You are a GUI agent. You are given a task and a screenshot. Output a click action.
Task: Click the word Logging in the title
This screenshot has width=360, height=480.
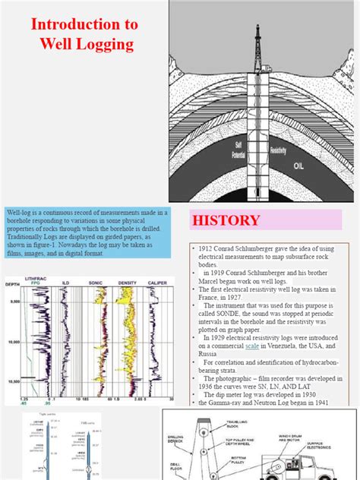point(103,44)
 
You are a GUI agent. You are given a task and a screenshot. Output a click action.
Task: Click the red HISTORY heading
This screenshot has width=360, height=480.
point(226,221)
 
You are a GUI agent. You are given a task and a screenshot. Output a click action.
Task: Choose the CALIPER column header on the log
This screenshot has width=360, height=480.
point(158,282)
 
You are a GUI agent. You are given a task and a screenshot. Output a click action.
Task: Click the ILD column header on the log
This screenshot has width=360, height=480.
point(67,282)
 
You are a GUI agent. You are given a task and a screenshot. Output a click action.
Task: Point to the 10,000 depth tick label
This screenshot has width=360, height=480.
point(13,343)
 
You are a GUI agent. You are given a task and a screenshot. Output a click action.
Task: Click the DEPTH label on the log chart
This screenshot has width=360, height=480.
point(13,286)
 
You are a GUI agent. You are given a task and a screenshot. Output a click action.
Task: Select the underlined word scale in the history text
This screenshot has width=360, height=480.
point(251,345)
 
